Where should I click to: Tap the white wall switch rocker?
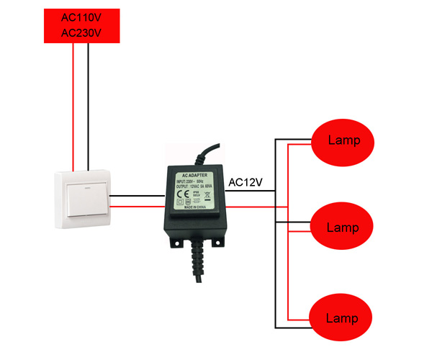pyautogui.click(x=83, y=198)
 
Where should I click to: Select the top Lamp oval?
pyautogui.click(x=342, y=140)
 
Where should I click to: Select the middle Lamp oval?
pyautogui.click(x=342, y=228)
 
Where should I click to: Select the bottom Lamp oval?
pyautogui.click(x=342, y=318)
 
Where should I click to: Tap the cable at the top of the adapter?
pyautogui.click(x=210, y=153)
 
